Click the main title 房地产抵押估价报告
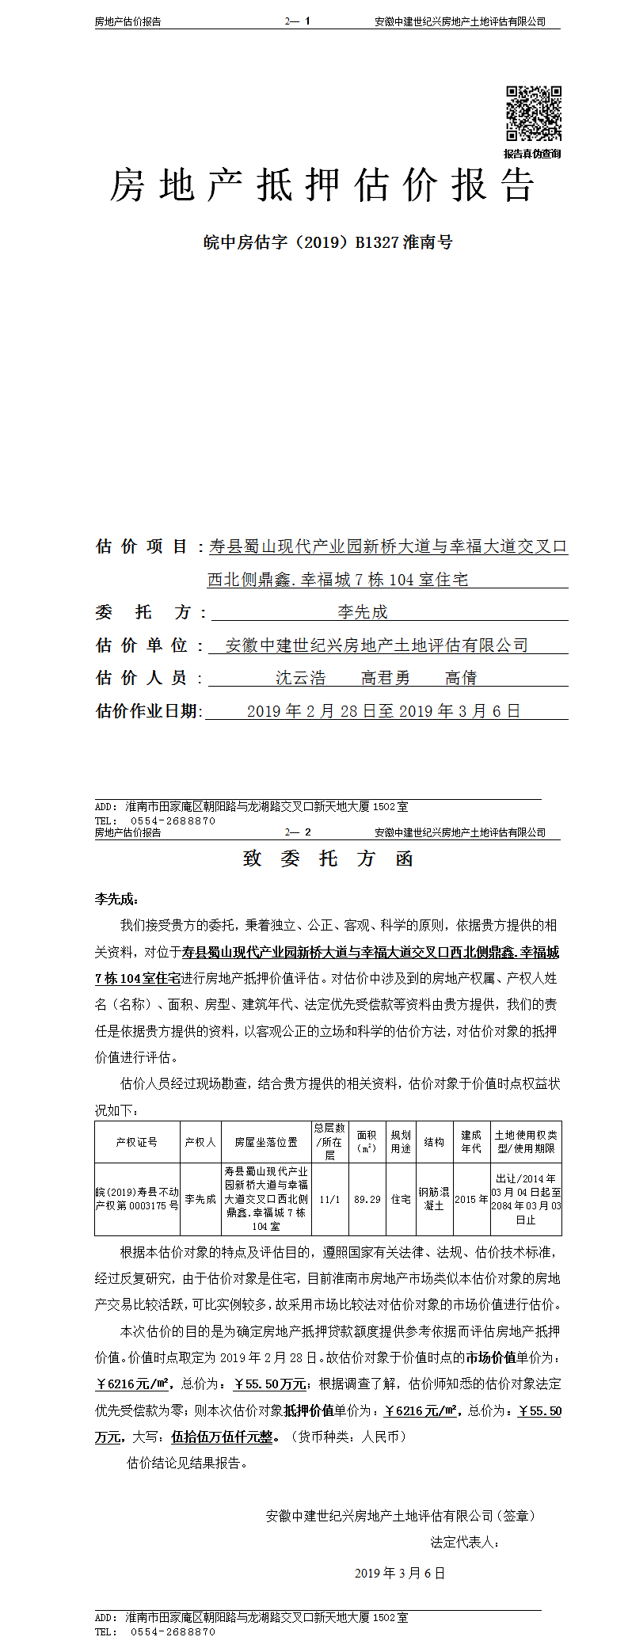point(322,185)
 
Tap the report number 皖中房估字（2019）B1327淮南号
point(328,242)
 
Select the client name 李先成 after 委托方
point(363,612)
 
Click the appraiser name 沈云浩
point(300,678)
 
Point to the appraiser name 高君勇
point(386,678)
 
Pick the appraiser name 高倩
point(461,678)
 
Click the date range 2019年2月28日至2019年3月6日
point(383,711)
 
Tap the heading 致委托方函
point(328,859)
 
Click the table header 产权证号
point(137,1142)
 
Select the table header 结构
point(434,1142)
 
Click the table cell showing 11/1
point(329,1199)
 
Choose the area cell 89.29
point(367,1199)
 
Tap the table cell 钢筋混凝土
point(434,1199)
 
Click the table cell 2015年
point(471,1199)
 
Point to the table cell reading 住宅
point(401,1199)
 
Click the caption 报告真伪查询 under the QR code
point(532,154)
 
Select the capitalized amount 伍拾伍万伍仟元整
point(222,1437)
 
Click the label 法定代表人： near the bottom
point(466,1542)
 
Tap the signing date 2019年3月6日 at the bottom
point(400,1573)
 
